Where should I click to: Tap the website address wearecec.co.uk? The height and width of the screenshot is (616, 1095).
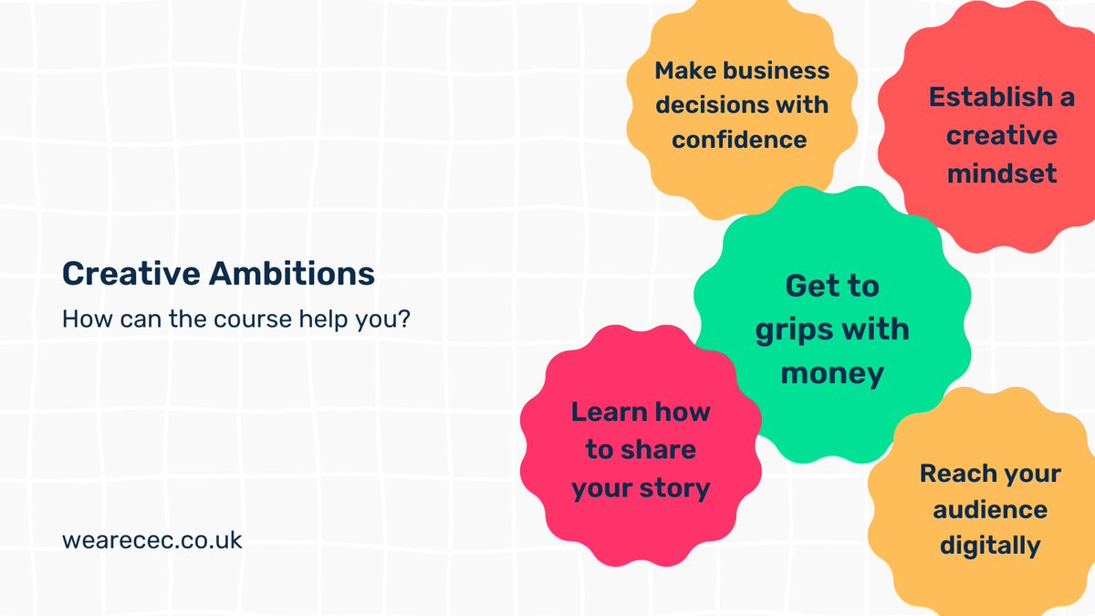[152, 539]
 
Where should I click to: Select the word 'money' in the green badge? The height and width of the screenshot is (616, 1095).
[832, 372]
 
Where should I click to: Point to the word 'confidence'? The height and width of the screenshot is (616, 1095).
[739, 139]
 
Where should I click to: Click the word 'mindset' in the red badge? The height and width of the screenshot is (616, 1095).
[1002, 172]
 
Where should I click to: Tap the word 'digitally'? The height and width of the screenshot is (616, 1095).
[990, 545]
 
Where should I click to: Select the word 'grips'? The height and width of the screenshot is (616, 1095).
[797, 329]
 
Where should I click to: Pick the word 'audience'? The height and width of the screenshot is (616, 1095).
[990, 509]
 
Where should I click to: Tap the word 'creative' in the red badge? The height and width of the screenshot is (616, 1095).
[1002, 136]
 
